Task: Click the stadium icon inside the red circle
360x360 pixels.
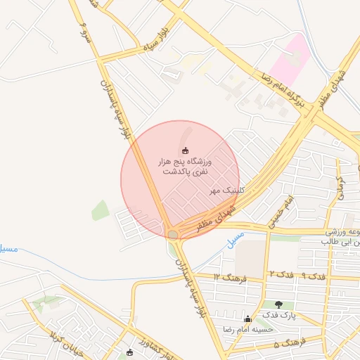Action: point(186,150)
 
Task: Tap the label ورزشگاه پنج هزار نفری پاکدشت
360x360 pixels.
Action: point(184,167)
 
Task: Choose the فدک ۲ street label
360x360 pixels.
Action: point(282,273)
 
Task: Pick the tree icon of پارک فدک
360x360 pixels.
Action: point(279,304)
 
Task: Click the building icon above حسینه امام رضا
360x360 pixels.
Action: point(247,319)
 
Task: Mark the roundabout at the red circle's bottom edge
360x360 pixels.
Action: point(173,233)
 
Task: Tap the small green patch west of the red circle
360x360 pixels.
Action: point(100,210)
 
